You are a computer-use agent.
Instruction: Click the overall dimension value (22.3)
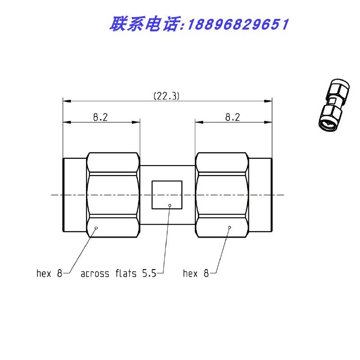pos(166,95)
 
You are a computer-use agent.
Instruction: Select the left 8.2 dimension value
pos(100,117)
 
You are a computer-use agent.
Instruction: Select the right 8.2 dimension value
pos(232,117)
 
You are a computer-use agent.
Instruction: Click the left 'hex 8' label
pos(49,273)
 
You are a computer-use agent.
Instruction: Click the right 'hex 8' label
pos(196,273)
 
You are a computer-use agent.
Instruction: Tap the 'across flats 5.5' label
pos(118,273)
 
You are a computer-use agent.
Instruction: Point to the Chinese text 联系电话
pos(144,24)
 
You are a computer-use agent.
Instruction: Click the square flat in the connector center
pos(167,195)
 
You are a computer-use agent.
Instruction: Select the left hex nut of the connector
pos(113,195)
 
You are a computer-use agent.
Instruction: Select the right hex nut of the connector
pos(221,195)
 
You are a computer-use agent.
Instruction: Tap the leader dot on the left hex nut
pos(96,228)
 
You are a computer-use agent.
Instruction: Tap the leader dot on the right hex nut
pos(229,228)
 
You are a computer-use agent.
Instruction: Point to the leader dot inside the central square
pos(170,206)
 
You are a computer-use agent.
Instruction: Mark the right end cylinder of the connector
pos(261,195)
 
